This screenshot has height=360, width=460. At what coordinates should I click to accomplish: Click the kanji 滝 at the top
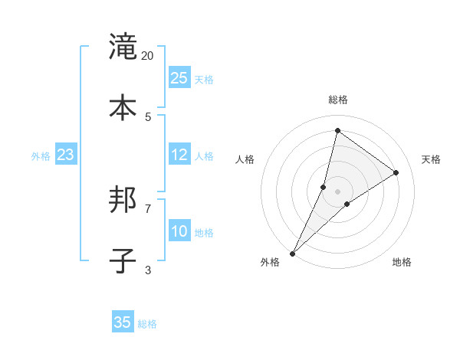point(123,47)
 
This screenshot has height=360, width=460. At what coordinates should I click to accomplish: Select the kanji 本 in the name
point(123,108)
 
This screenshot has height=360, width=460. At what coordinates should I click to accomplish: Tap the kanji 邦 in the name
point(123,200)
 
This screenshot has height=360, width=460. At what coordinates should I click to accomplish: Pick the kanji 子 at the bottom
point(123,261)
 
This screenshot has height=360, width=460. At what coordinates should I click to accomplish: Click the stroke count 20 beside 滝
point(148,56)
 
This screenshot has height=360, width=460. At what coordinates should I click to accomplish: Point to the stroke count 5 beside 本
point(148,116)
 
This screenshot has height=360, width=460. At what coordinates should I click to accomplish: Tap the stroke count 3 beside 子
point(148,270)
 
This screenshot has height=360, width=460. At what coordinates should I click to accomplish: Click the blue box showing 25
point(179,78)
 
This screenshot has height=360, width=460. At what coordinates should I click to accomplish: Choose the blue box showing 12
point(179,155)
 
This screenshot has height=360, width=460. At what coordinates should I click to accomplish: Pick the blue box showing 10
point(179,231)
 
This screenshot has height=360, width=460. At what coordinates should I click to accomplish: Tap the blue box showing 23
point(65,155)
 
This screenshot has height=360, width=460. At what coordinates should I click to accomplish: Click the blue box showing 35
point(123,322)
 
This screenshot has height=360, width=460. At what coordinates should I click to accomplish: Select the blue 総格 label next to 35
point(147,324)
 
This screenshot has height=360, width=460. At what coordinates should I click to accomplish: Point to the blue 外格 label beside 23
point(41,156)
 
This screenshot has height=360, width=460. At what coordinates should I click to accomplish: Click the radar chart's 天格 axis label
point(431,159)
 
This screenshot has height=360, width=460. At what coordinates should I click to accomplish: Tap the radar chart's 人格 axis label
point(245,159)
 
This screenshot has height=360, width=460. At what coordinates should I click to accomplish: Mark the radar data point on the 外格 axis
point(292,253)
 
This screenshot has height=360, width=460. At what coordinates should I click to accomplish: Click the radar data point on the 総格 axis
point(337,130)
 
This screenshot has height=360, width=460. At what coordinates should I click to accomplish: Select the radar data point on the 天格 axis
point(396,172)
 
